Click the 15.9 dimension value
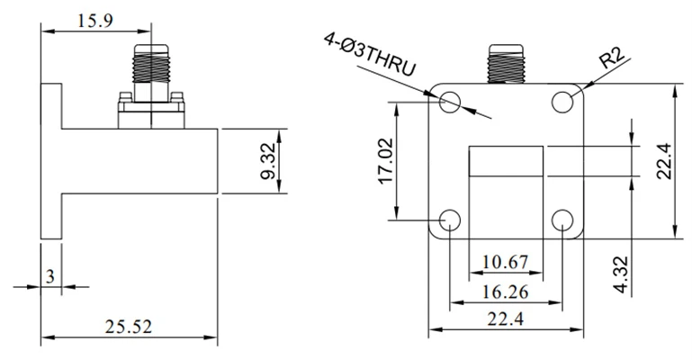[95, 21]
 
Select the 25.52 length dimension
[129, 327]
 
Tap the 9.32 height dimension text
[268, 161]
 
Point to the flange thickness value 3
[50, 276]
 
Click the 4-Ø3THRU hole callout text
[370, 54]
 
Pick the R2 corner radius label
[612, 58]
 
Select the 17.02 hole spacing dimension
[386, 161]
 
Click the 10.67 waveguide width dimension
[506, 262]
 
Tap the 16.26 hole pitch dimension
[506, 292]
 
